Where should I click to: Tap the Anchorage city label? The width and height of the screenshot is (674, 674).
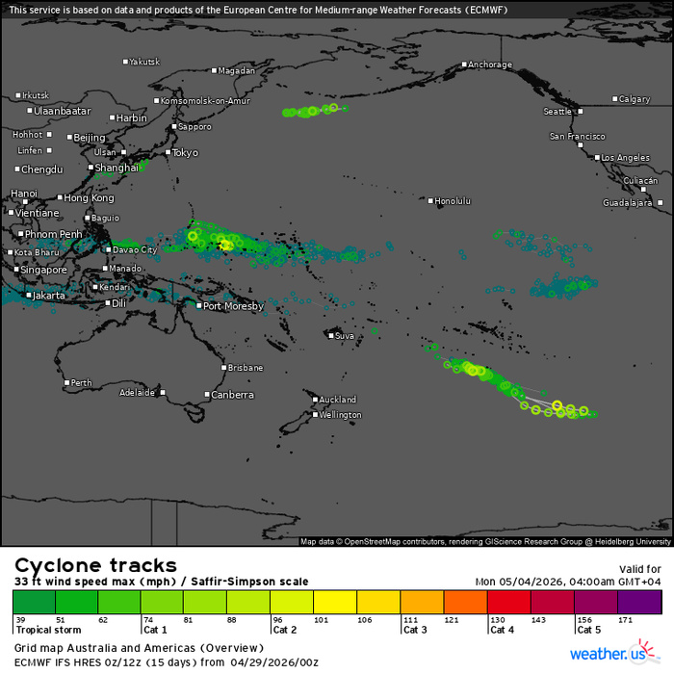489,65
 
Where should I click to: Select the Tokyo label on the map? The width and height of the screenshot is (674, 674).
184,152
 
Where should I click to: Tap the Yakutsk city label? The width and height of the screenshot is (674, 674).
144,62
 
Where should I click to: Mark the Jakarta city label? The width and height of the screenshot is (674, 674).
49,296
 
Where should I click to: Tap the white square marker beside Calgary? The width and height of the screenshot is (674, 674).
615,99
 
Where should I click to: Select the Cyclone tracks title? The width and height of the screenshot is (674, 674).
94,565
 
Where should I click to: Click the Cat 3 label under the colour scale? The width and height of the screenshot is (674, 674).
416,631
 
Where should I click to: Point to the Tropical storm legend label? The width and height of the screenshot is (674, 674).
48,631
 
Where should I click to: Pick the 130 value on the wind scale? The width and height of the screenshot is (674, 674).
498,620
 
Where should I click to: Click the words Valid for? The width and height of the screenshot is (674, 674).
639,569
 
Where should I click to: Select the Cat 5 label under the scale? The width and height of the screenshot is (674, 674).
589,631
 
